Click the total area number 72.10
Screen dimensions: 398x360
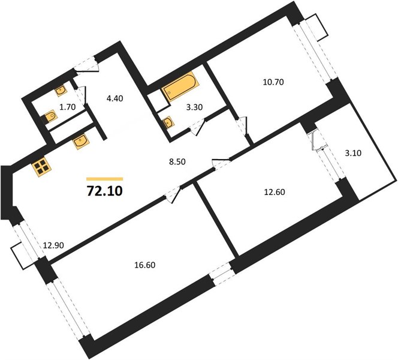(104, 191)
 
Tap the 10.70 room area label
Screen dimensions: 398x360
(273, 82)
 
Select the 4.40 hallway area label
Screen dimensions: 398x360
(114, 98)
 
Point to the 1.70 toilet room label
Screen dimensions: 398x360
(68, 107)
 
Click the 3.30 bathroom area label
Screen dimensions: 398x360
(194, 107)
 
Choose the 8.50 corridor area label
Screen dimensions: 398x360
(177, 161)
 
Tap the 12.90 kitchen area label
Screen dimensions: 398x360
(53, 245)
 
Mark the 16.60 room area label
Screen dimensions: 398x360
(144, 265)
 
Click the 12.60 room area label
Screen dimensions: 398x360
(275, 192)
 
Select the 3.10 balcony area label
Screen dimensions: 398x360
(353, 153)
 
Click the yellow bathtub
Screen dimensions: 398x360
(180, 86)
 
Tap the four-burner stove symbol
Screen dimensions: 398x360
(41, 167)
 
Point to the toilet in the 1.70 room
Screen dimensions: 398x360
(50, 117)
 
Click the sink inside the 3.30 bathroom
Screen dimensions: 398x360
(168, 123)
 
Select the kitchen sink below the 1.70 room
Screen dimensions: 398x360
(81, 141)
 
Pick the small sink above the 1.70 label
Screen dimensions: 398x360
(61, 91)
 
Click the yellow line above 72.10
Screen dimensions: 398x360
(104, 179)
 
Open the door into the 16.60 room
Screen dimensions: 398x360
(173, 195)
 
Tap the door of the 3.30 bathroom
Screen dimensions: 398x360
(197, 128)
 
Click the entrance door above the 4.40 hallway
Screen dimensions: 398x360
(86, 65)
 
